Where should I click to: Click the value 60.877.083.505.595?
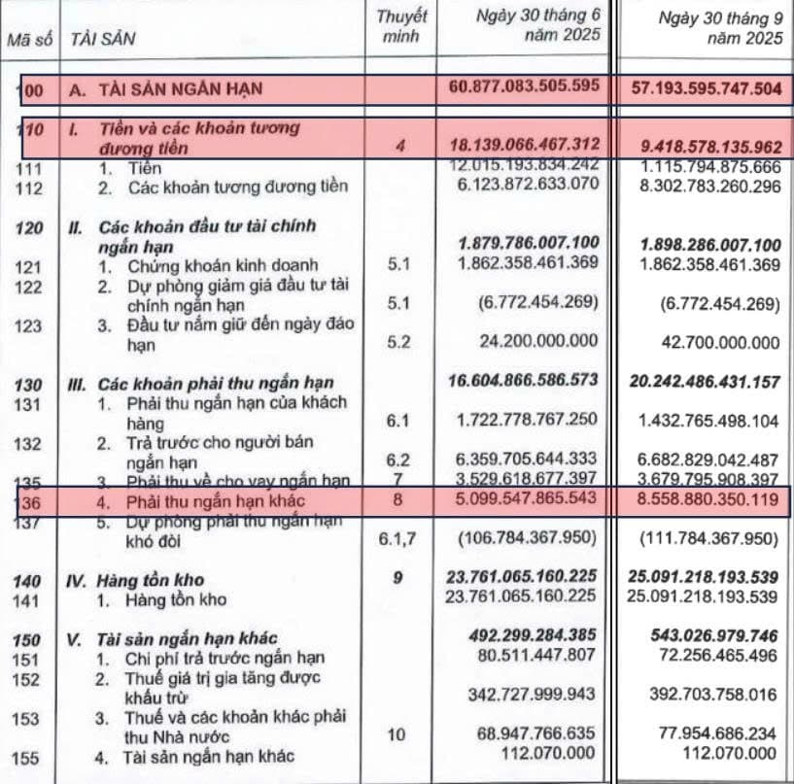[x=526, y=88]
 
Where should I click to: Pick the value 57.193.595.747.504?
[x=706, y=88]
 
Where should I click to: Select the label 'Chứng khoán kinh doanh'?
[x=208, y=265]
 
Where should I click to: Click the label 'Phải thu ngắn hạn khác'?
[x=215, y=501]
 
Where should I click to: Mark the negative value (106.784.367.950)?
[x=533, y=539]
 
